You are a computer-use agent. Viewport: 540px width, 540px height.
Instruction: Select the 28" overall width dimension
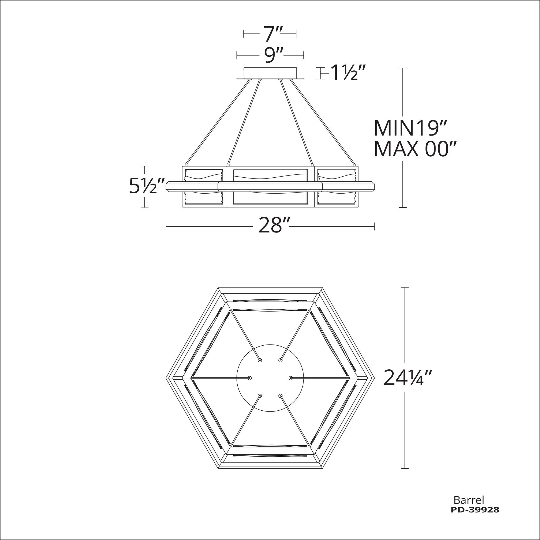point(270,226)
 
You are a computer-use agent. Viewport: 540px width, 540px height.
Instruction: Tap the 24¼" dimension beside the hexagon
point(408,378)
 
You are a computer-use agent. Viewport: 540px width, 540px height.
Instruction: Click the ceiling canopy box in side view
point(270,73)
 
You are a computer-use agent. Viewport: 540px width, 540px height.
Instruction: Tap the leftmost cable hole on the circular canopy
point(249,378)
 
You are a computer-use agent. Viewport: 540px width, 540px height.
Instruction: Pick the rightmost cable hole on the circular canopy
point(291,378)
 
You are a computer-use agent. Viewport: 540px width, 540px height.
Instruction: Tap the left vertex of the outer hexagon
point(166,378)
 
